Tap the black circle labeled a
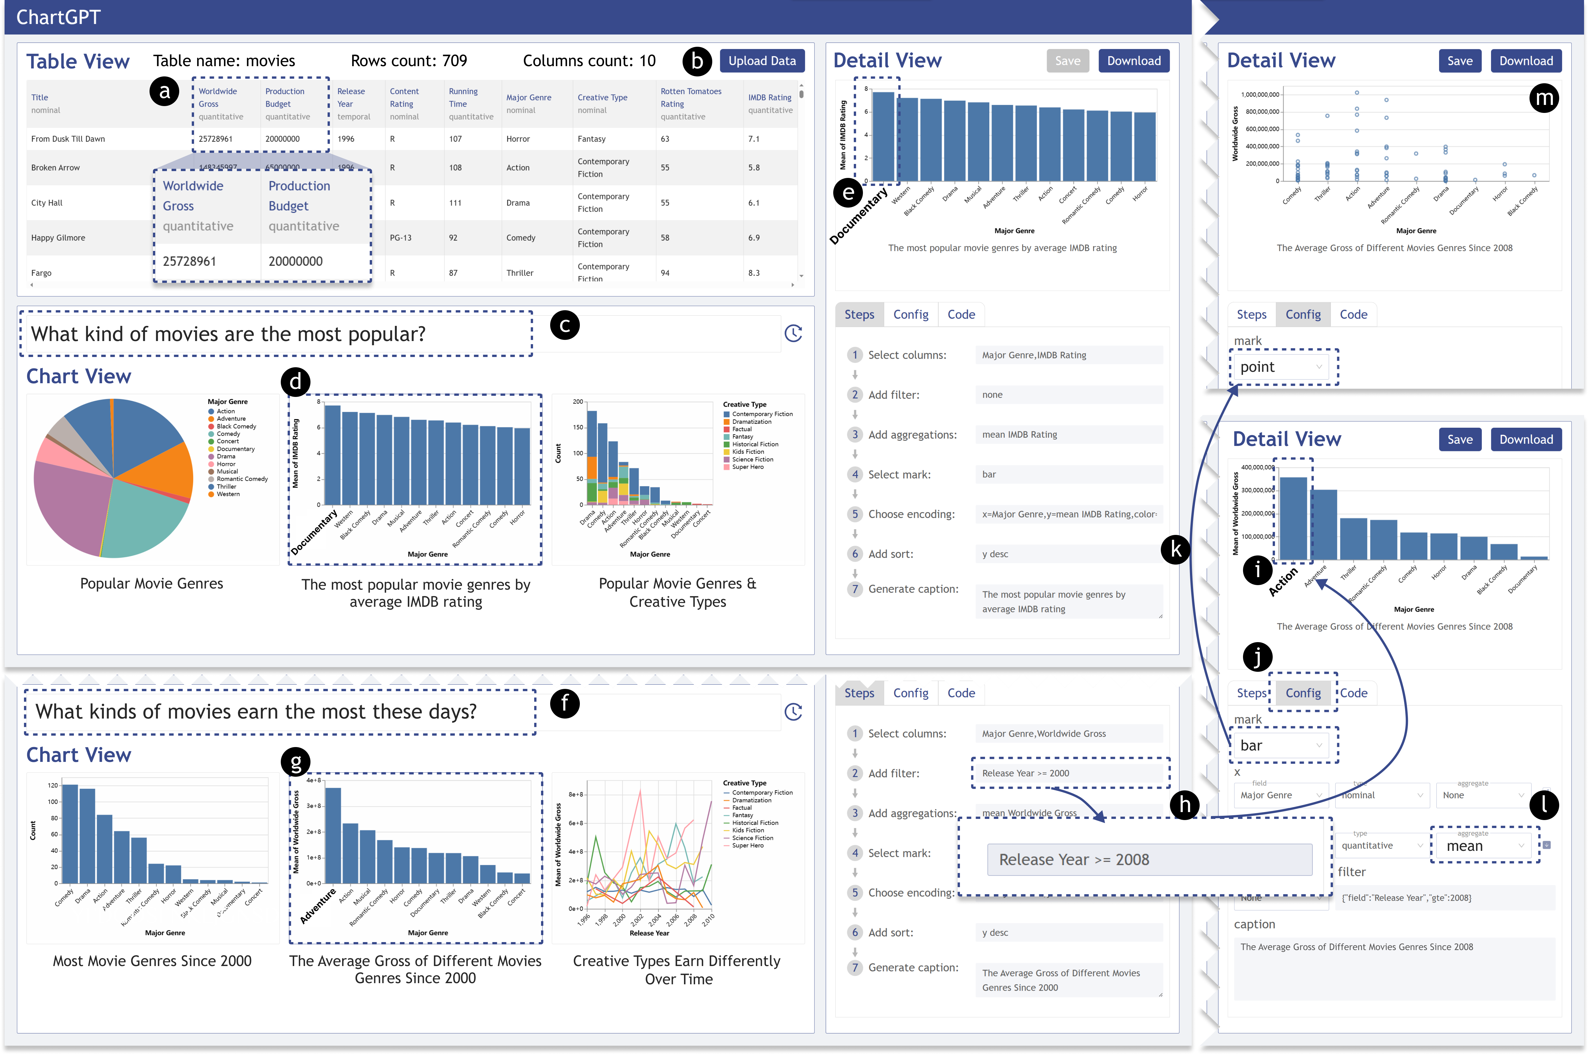(x=164, y=92)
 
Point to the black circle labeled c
(x=565, y=326)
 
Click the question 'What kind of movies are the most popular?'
(x=229, y=334)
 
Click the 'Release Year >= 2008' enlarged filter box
(x=1149, y=860)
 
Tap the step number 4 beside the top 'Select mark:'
(x=855, y=474)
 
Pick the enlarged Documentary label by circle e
(x=859, y=217)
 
